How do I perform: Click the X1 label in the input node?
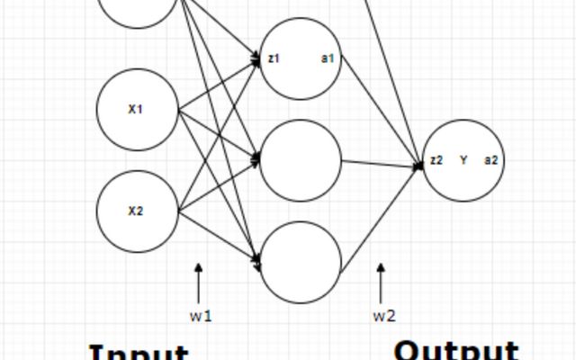click(x=136, y=110)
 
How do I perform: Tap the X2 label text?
click(x=136, y=211)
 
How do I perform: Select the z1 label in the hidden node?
click(x=274, y=58)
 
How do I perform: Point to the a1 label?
click(x=328, y=58)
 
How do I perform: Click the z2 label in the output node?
click(x=436, y=160)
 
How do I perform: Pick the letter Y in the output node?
click(x=463, y=160)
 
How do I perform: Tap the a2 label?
click(x=491, y=160)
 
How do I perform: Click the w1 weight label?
click(x=200, y=316)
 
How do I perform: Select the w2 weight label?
click(x=384, y=316)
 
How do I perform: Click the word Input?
click(x=139, y=352)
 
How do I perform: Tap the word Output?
click(x=456, y=350)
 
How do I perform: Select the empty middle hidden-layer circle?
click(x=301, y=161)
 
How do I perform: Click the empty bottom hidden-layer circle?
click(x=301, y=262)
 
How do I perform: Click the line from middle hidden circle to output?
click(x=378, y=164)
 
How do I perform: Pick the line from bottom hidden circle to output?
click(x=378, y=216)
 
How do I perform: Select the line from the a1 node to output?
click(x=378, y=114)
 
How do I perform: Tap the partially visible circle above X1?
click(x=138, y=9)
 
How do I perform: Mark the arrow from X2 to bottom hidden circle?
click(x=220, y=237)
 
